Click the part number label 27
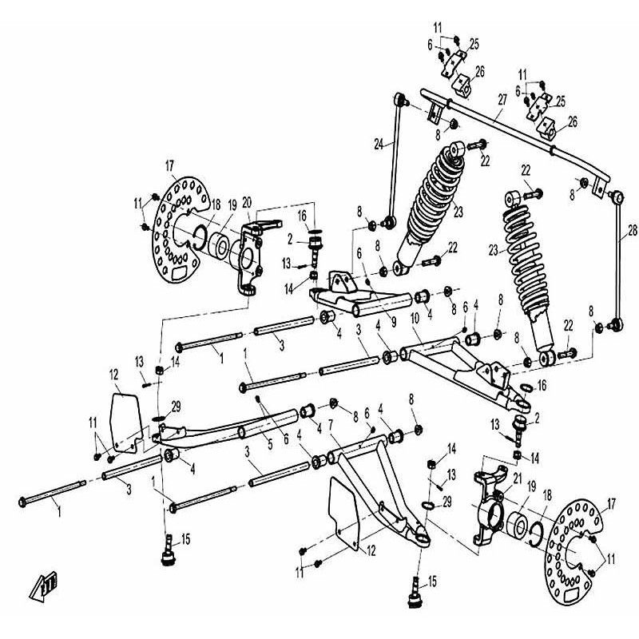point(502,101)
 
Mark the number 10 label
point(415,319)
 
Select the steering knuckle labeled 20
point(254,256)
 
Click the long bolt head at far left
point(24,501)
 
